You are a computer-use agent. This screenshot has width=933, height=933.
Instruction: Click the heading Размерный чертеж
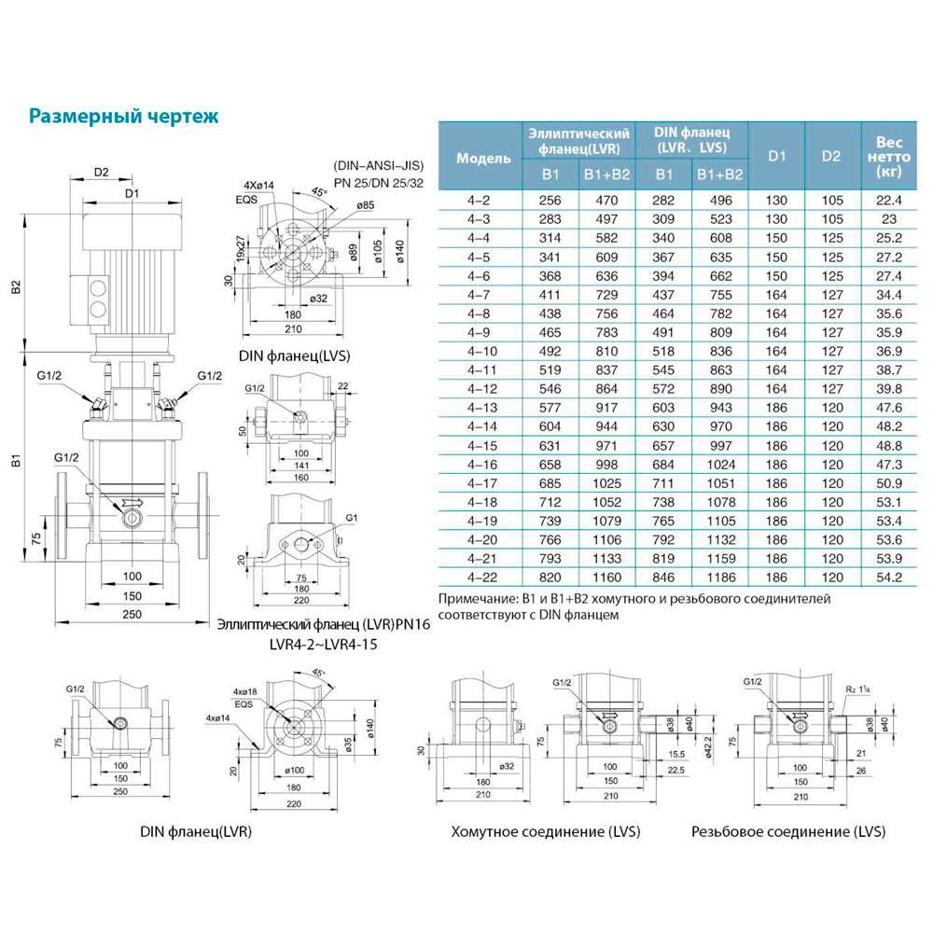(x=124, y=117)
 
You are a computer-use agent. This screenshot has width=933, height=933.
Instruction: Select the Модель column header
(x=483, y=158)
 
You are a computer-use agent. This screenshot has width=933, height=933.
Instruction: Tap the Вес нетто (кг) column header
(x=887, y=157)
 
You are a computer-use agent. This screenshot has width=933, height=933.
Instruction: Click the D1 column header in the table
(x=777, y=157)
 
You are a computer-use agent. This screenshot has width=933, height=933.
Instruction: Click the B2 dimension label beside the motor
(x=17, y=287)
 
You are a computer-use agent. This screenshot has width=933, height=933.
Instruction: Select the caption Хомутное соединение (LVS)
(x=531, y=831)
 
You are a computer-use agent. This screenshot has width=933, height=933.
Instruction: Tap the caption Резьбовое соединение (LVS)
(x=788, y=831)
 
